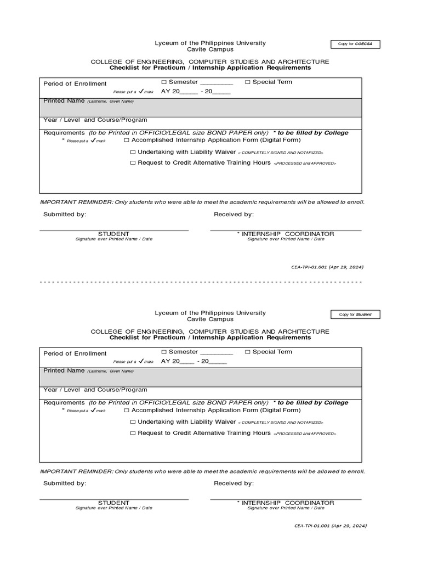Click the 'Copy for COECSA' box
355,44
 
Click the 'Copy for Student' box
355,314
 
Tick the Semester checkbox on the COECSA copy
164,82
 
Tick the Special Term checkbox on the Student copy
248,352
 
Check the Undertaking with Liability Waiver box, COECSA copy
133,152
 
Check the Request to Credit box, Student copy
133,434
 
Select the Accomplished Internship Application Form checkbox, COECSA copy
127,140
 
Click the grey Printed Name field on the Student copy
200,378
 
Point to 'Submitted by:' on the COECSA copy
65,215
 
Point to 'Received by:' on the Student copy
234,484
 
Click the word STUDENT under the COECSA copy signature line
113,234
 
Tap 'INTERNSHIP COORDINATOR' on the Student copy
287,503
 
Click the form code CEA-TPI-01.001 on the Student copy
330,526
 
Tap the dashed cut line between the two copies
201,282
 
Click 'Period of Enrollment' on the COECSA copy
75,83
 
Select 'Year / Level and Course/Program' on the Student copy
95,390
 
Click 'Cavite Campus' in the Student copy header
210,319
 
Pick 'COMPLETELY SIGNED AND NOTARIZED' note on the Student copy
281,423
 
